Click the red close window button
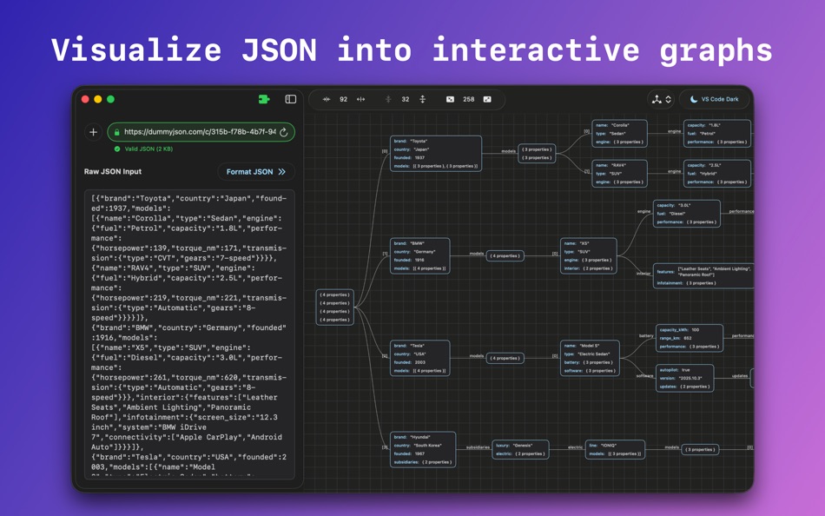pos(85,99)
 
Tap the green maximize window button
pos(110,99)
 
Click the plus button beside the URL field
pos(93,132)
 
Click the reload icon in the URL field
pos(284,133)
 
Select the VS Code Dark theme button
pos(714,99)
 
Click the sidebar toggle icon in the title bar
pos(291,99)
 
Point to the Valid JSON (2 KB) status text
pos(148,149)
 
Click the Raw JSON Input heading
pos(113,172)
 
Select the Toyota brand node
pos(435,153)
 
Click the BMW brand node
pos(419,255)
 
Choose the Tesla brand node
pos(419,358)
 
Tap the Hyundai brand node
pos(422,449)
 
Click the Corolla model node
pos(619,133)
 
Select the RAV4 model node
pos(619,173)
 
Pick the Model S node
pos(590,358)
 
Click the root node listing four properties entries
pos(334,308)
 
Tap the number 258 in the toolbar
pos(468,99)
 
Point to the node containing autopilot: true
pos(684,378)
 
